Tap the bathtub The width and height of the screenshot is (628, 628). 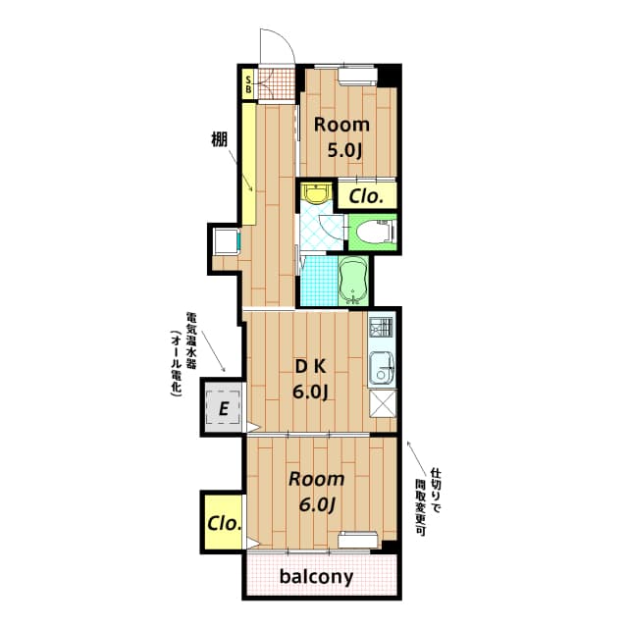click(x=353, y=280)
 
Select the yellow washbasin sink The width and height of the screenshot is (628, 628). click(x=317, y=192)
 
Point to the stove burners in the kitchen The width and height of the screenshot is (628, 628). click(x=382, y=327)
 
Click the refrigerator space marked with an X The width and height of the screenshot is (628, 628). click(x=383, y=403)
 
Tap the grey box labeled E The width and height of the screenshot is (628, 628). click(x=224, y=408)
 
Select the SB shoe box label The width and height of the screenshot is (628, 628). click(x=248, y=84)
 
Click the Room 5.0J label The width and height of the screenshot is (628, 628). click(x=341, y=137)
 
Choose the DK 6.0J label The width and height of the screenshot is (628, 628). click(x=311, y=379)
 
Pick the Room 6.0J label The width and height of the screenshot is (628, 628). click(x=316, y=492)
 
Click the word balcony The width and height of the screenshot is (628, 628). click(x=316, y=577)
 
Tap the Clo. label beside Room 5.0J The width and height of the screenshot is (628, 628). click(x=366, y=196)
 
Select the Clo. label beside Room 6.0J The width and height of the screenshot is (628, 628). click(x=225, y=523)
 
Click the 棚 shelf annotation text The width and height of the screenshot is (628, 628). click(x=219, y=139)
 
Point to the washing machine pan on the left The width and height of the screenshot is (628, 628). click(x=227, y=240)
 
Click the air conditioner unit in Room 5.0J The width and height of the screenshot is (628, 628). click(x=357, y=77)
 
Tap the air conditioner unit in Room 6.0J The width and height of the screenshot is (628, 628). click(x=357, y=539)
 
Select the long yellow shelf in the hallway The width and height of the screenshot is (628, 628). click(x=249, y=164)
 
